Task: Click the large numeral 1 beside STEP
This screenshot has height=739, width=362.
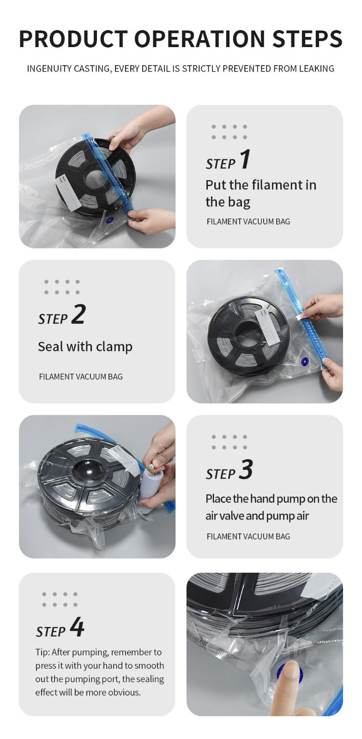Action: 245,159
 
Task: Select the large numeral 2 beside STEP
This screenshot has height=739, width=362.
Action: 78,314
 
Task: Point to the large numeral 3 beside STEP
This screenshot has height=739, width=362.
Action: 246,469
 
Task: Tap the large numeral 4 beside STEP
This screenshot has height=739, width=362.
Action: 77,627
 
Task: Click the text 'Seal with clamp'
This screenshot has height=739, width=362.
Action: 85,346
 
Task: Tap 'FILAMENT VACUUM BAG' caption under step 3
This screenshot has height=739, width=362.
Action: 248,536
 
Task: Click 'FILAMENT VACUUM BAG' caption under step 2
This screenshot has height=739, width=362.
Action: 81,376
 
